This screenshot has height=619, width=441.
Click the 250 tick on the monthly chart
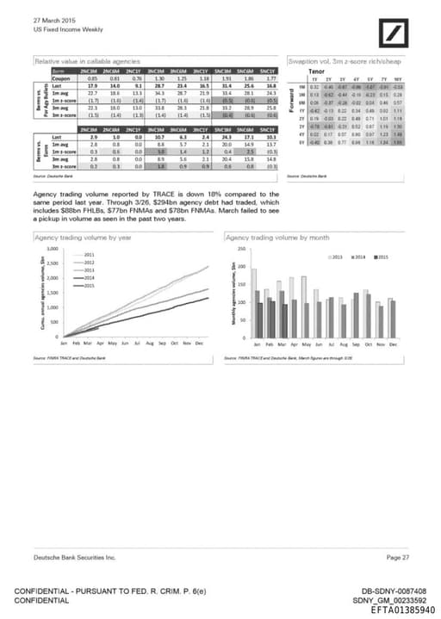(242, 248)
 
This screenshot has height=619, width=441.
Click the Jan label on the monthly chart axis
(257, 343)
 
